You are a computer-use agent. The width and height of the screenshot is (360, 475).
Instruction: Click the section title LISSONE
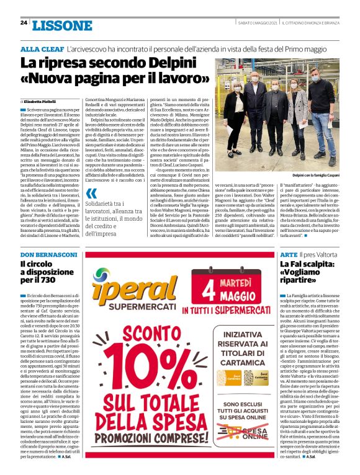click(x=61, y=25)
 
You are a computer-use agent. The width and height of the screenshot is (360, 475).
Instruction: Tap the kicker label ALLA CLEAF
click(x=42, y=48)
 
